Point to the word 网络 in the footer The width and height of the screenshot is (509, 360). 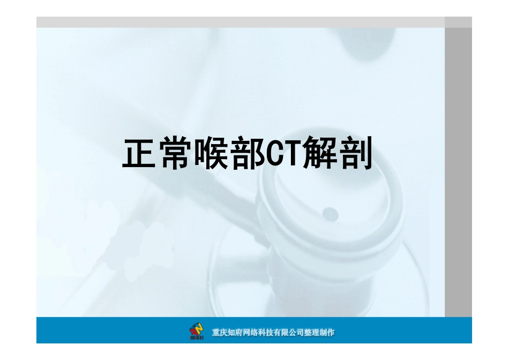pos(250,333)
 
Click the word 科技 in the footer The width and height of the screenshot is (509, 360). pos(266,333)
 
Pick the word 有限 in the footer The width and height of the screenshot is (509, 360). pos(281,333)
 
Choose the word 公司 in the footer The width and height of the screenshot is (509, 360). pos(296,333)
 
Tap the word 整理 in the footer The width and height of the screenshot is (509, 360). pos(312,333)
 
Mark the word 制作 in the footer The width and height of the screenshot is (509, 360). pos(327,333)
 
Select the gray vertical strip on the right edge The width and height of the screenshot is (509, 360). pos(458,171)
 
